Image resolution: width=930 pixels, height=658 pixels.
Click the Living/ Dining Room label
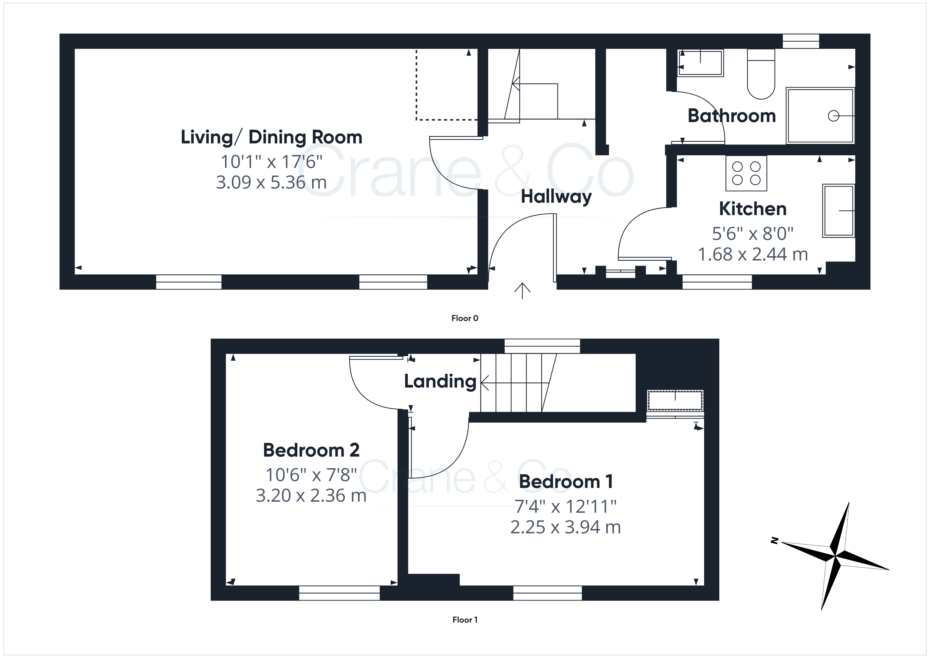click(x=272, y=137)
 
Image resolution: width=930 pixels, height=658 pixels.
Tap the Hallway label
click(x=556, y=197)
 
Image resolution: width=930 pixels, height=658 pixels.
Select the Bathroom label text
click(x=732, y=116)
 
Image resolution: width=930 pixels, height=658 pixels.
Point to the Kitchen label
click(x=753, y=209)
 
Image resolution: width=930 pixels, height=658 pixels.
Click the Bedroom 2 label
click(x=311, y=450)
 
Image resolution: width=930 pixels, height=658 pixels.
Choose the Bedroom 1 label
click(x=566, y=482)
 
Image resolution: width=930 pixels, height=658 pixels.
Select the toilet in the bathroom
click(x=761, y=74)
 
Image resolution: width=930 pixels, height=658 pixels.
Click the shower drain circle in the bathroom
click(x=833, y=116)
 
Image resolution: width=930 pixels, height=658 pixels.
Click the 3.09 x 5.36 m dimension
click(x=272, y=183)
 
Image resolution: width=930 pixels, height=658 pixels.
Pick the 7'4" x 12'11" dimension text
click(x=565, y=506)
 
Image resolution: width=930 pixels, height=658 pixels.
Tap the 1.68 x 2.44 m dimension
click(x=753, y=254)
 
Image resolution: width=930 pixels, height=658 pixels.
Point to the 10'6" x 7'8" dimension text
click(x=311, y=475)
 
